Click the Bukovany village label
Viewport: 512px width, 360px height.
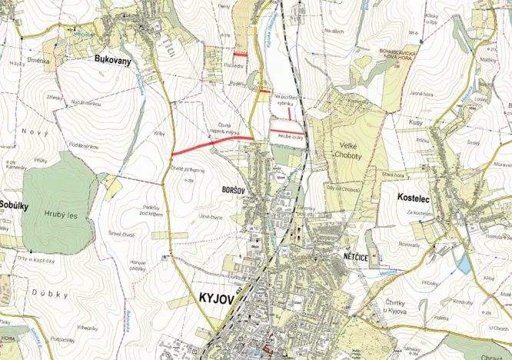(x=111, y=58)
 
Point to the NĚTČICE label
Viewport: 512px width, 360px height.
(x=352, y=253)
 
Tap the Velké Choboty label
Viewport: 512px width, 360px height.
(x=353, y=150)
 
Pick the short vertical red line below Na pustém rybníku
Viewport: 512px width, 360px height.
(x=289, y=113)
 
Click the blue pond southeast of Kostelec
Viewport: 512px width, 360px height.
(x=464, y=264)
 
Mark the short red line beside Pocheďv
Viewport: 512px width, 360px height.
(x=241, y=55)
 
